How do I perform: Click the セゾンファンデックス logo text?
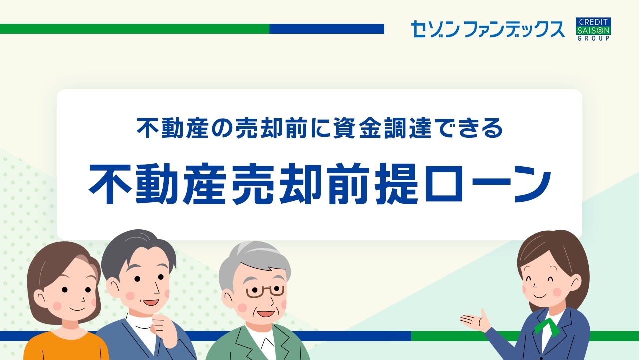pyautogui.click(x=487, y=29)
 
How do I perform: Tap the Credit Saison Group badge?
pyautogui.click(x=593, y=29)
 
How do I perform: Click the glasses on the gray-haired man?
pyautogui.click(x=265, y=291)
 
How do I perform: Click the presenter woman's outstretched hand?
pyautogui.click(x=475, y=320)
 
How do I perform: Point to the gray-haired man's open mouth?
pyautogui.click(x=265, y=314)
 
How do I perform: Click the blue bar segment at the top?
pyautogui.click(x=326, y=29)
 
